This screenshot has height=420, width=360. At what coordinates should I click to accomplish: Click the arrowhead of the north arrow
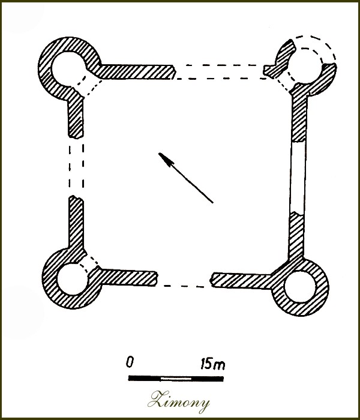click(x=166, y=159)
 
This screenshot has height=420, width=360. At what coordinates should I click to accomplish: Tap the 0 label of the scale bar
click(x=130, y=362)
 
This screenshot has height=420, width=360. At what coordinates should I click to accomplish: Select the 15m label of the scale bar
click(x=213, y=364)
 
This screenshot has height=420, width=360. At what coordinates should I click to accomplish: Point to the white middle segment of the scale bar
click(x=176, y=379)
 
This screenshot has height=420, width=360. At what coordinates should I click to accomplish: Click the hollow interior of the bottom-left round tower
click(x=73, y=280)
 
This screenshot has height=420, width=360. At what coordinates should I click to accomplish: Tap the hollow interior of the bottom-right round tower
click(x=300, y=287)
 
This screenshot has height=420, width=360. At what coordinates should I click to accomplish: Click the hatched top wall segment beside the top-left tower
click(x=137, y=72)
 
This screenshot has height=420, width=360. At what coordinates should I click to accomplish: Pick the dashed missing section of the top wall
click(x=220, y=72)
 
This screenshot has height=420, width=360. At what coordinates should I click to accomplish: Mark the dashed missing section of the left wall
click(x=76, y=167)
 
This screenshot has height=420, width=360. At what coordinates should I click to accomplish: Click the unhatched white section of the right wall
click(x=298, y=177)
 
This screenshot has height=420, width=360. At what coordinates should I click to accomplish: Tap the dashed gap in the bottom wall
click(x=184, y=286)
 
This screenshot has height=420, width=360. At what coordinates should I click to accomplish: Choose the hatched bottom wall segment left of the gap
click(x=128, y=278)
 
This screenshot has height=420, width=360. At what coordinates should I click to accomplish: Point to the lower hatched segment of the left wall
click(x=76, y=223)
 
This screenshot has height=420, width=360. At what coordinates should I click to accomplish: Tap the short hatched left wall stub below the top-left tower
click(x=76, y=118)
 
